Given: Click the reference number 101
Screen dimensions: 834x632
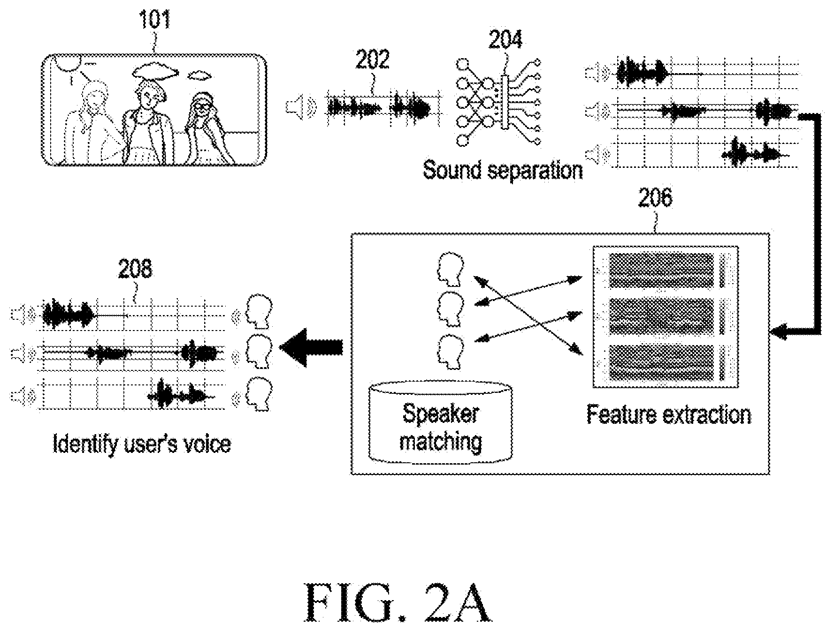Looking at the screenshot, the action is click(x=154, y=21).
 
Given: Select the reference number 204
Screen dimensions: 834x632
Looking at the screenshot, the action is click(x=505, y=40).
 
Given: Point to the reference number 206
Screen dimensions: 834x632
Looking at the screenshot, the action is click(x=655, y=198).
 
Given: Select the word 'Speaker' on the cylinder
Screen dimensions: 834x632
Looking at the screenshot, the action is click(x=441, y=413).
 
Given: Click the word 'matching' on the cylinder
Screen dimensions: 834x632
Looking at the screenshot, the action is click(x=441, y=441).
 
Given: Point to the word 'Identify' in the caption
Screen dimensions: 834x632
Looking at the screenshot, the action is click(x=85, y=444).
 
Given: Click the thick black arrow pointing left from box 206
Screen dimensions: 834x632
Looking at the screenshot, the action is click(x=311, y=347).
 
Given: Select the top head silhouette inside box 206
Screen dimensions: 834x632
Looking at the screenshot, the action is click(x=451, y=269).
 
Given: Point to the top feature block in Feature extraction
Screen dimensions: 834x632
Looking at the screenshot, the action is click(x=666, y=270).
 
